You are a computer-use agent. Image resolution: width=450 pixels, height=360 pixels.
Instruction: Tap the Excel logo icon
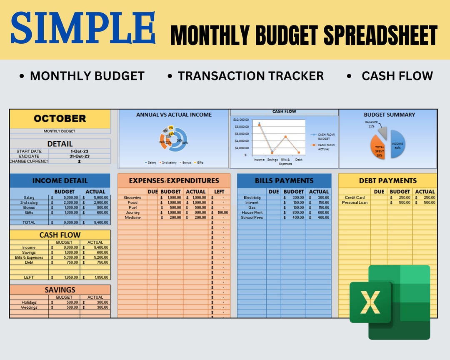tap(389, 302)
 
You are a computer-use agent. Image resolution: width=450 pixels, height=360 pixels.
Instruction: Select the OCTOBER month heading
tap(60, 118)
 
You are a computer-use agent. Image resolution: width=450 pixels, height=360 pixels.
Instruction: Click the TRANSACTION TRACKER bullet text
tap(250, 76)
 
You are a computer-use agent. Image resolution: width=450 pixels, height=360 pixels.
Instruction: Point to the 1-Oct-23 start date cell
tap(79, 151)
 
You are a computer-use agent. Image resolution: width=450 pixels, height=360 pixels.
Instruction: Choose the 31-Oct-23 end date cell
tap(79, 156)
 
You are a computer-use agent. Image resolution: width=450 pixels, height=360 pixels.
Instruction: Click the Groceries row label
tap(132, 197)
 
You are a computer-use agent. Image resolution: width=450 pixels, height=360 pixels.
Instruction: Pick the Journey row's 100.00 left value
tap(219, 212)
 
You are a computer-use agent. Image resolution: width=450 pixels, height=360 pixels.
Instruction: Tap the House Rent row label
tap(252, 212)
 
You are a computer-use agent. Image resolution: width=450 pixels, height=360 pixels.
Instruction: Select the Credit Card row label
tap(355, 197)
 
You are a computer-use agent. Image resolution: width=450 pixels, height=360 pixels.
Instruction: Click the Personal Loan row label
tap(355, 202)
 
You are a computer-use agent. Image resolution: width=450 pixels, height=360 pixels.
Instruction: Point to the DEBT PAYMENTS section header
tap(387, 180)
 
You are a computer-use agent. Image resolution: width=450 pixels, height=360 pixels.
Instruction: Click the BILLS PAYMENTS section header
tap(284, 180)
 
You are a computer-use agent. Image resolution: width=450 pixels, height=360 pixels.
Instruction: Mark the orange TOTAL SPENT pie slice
tap(378, 147)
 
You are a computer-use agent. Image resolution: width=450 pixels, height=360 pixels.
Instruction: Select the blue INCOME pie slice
tap(398, 144)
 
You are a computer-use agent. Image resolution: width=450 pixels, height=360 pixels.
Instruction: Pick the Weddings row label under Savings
tap(29, 307)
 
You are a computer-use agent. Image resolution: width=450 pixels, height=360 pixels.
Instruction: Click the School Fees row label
tap(252, 217)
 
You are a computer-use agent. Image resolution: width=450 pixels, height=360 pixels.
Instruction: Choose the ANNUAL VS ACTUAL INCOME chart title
tap(174, 115)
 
